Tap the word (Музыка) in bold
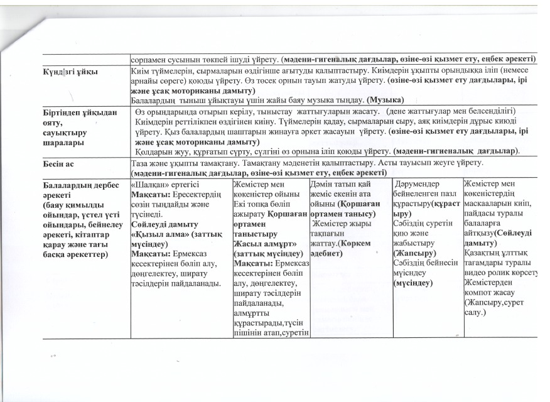click(385, 100)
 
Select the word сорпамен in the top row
click(148, 58)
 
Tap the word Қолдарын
click(152, 151)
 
